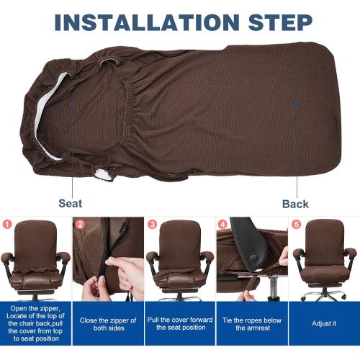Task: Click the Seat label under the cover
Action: pyautogui.click(x=70, y=204)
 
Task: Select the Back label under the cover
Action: pyautogui.click(x=295, y=204)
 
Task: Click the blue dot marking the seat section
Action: pyautogui.click(x=72, y=105)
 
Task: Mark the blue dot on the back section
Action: pyautogui.click(x=296, y=104)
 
